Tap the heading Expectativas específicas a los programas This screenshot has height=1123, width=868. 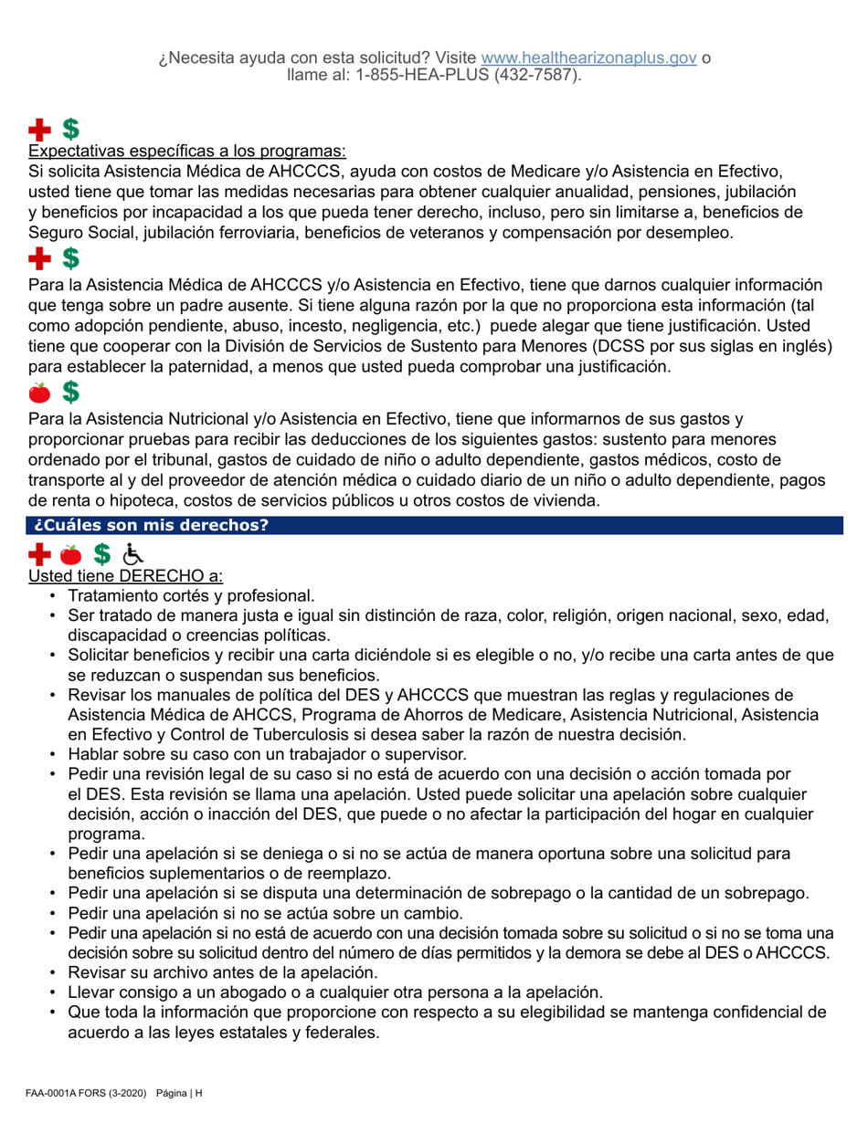[x=188, y=151]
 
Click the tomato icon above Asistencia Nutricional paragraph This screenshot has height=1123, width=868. [x=39, y=393]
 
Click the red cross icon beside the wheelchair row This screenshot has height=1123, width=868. [x=39, y=553]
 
